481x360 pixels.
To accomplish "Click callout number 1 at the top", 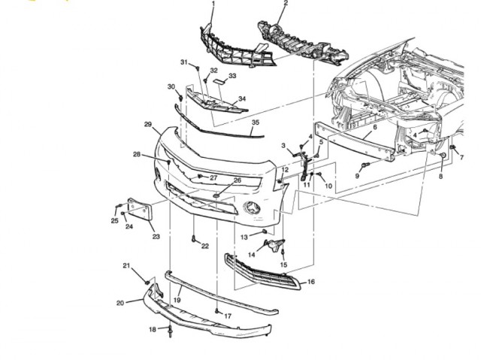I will pyautogui.click(x=213, y=5).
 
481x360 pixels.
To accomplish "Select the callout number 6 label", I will pyautogui.click(x=374, y=128).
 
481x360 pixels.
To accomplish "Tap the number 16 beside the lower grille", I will pyautogui.click(x=311, y=282).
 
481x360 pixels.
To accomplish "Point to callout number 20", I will pyautogui.click(x=120, y=303).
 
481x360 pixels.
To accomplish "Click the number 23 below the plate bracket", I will pyautogui.click(x=156, y=237).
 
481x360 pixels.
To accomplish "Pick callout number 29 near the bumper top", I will pyautogui.click(x=148, y=124).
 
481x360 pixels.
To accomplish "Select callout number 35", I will pyautogui.click(x=256, y=123).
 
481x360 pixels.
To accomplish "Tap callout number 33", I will pyautogui.click(x=232, y=76).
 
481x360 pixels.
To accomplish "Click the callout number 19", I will pyautogui.click(x=177, y=300).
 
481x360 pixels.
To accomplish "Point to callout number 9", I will pyautogui.click(x=358, y=176).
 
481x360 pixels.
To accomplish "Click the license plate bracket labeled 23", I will pyautogui.click(x=141, y=212).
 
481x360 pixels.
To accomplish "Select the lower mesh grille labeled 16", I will pyautogui.click(x=263, y=272).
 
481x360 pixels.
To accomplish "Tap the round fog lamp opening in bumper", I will pyautogui.click(x=251, y=207).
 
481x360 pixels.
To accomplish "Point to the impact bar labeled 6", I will pyautogui.click(x=353, y=143).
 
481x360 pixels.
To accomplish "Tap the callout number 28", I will pyautogui.click(x=137, y=155).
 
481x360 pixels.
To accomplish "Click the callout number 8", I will pyautogui.click(x=441, y=176).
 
